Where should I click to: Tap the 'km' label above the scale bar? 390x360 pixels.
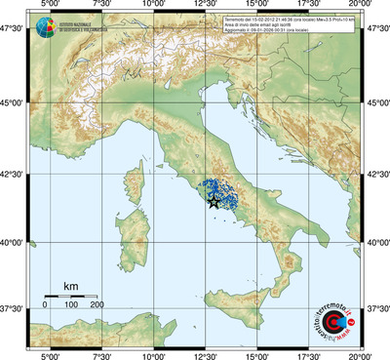pyautogui.click(x=70, y=286)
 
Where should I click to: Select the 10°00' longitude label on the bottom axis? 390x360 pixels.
pyautogui.click(x=153, y=354)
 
